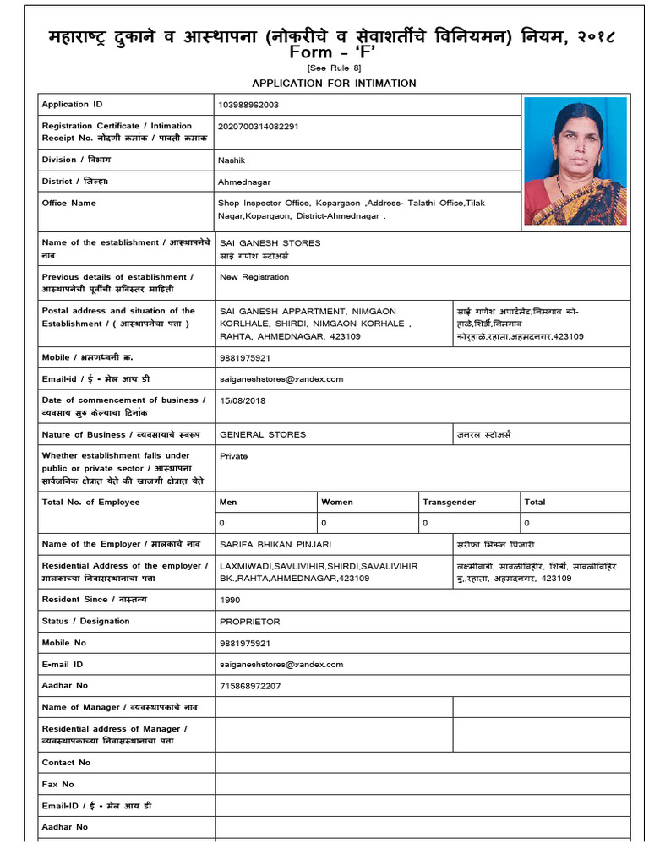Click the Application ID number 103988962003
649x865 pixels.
248,105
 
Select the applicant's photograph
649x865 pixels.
575,160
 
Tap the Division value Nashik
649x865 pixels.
231,160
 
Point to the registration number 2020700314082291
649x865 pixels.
258,127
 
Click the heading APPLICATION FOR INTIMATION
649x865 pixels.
334,83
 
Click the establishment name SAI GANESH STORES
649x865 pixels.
259,243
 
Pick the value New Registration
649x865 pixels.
254,277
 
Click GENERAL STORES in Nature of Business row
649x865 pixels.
263,435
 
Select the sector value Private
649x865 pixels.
234,456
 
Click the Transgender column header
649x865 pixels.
450,503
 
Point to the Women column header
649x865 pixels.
337,503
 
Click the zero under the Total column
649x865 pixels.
527,524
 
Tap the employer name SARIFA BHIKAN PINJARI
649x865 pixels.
281,545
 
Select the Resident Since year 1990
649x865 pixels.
230,600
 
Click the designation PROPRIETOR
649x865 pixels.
250,622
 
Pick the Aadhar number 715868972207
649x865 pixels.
250,686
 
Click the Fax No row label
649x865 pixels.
58,785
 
